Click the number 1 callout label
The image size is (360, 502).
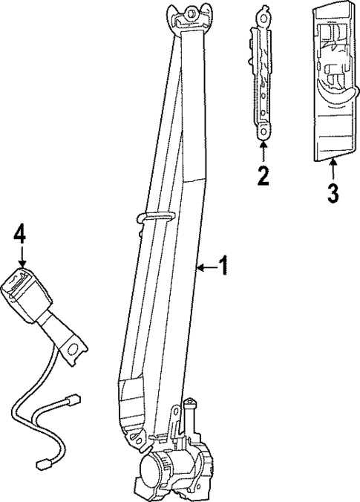point(223,266)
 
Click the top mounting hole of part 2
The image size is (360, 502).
point(263,11)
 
